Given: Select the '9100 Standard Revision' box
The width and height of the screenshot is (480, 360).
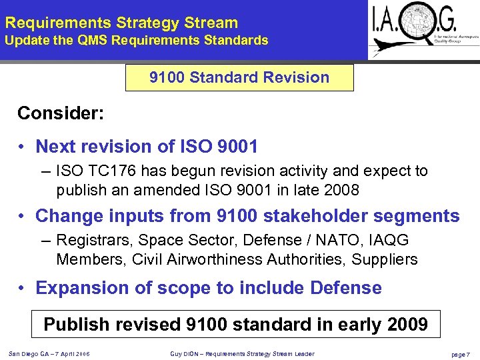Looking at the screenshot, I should coord(239,77).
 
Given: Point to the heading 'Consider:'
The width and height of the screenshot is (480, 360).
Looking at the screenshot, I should coord(61,113).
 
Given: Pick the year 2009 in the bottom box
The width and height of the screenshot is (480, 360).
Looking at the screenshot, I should coord(403,325).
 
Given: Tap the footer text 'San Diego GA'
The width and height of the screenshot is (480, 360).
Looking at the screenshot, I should coord(29,353).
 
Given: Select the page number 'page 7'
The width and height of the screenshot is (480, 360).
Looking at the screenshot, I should coord(460,354).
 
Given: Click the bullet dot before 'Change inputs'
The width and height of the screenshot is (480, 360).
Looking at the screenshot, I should coord(22,217).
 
